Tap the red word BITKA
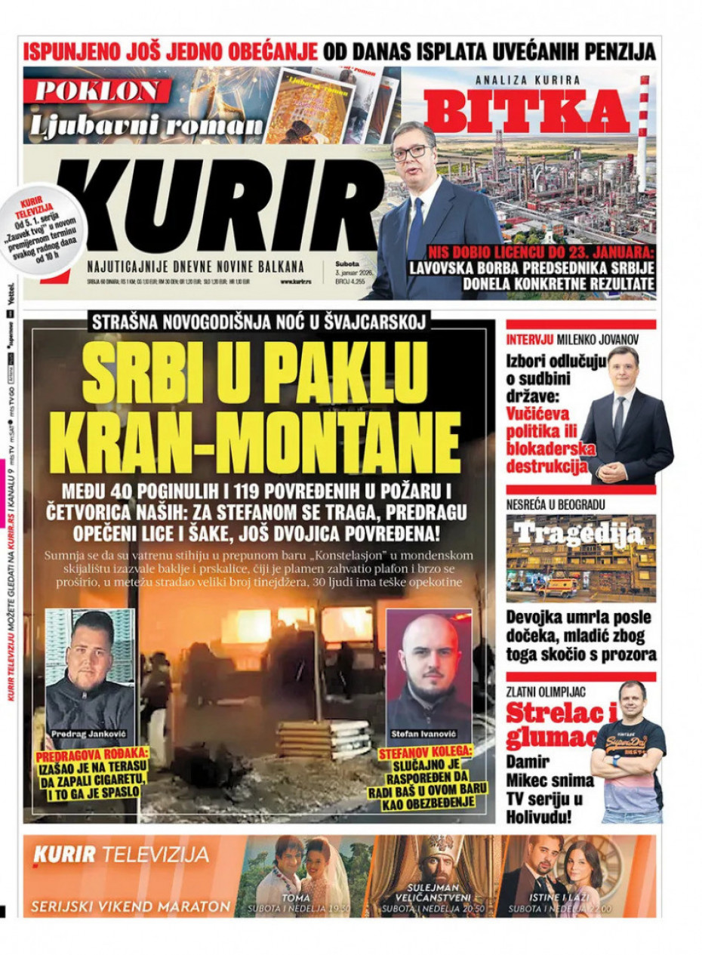click(x=526, y=111)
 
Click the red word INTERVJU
click(x=530, y=339)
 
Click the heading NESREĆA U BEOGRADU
click(x=556, y=504)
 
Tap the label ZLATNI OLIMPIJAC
click(x=546, y=691)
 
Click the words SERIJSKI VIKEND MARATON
click(x=131, y=906)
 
